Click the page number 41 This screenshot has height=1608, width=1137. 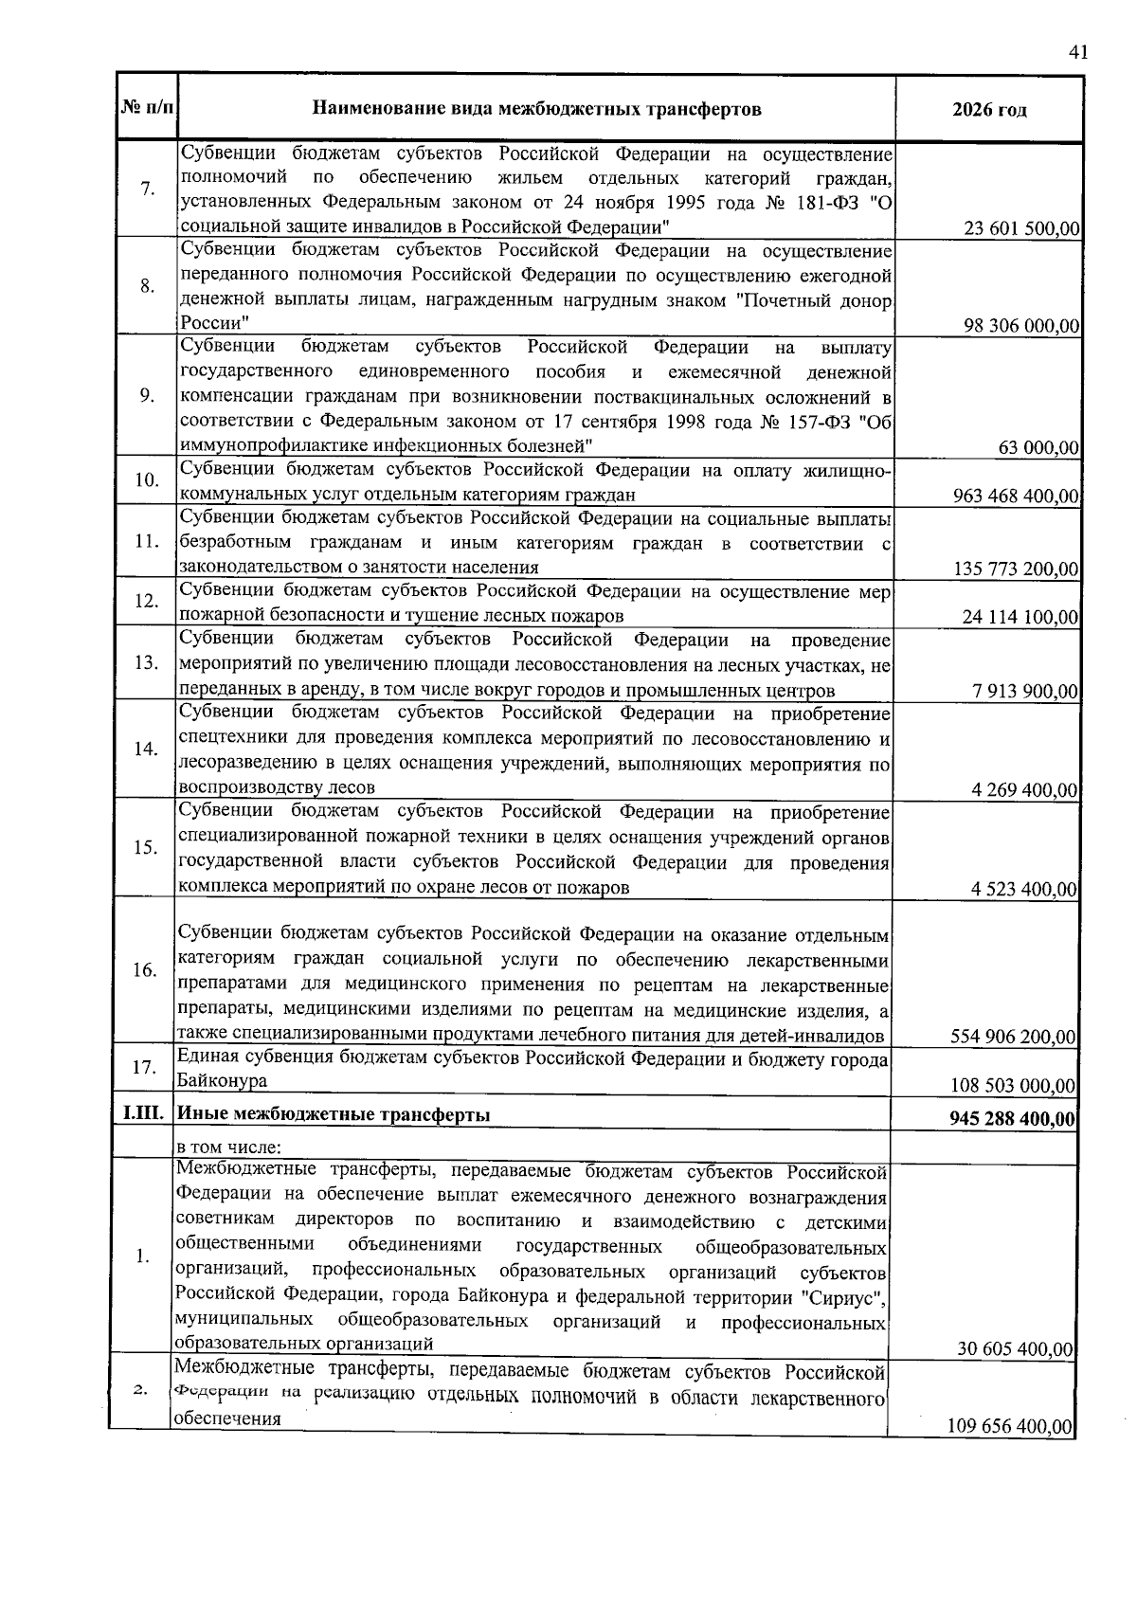click(x=1076, y=53)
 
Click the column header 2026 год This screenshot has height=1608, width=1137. click(x=989, y=110)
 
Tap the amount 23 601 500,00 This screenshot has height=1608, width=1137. click(x=1021, y=229)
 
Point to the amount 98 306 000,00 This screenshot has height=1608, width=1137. click(x=1021, y=327)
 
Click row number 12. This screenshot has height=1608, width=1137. click(x=147, y=602)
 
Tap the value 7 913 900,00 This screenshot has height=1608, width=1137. click(x=1025, y=691)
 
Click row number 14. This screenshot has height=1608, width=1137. click(x=146, y=750)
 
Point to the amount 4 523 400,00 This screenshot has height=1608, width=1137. click(x=1024, y=889)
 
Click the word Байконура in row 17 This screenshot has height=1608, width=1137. click(x=221, y=1081)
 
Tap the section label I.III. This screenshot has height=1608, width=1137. click(x=143, y=1114)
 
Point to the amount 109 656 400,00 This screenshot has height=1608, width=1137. click(x=1010, y=1427)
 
